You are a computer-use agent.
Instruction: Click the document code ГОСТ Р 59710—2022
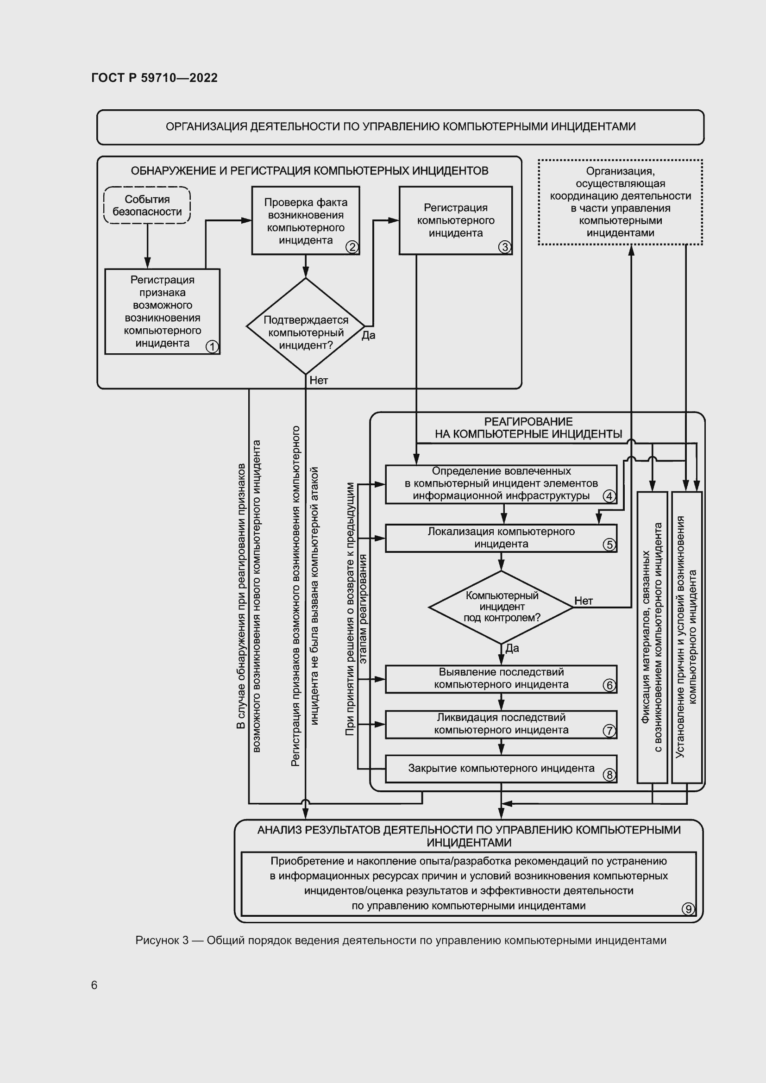coord(154,78)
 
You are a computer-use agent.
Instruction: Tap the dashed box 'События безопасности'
coord(147,206)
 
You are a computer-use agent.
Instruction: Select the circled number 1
coord(212,347)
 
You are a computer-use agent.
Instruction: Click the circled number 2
coord(352,247)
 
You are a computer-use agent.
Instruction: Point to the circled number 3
coord(505,247)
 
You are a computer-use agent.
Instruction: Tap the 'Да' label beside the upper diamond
coord(368,335)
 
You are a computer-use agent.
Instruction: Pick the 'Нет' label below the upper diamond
coord(318,381)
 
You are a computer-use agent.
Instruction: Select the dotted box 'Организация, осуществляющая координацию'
coord(620,202)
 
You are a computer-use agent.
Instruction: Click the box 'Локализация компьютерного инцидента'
coord(501,538)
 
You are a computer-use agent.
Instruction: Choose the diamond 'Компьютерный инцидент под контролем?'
coord(501,607)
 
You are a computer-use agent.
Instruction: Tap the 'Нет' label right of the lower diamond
coord(584,601)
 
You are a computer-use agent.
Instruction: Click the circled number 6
coord(609,685)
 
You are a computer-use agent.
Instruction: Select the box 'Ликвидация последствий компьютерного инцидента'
coord(501,724)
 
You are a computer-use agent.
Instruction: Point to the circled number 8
coord(609,775)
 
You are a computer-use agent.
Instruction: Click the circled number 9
coord(688,909)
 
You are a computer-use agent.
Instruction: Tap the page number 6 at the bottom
coord(94,985)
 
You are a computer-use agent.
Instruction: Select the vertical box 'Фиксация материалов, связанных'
coord(653,637)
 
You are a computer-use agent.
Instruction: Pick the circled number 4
coord(609,496)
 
